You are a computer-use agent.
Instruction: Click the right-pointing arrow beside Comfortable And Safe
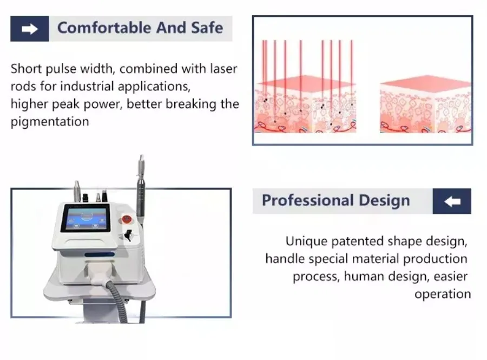click(30, 28)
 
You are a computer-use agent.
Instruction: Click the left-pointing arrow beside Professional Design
click(452, 201)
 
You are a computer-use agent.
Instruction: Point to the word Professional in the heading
click(304, 201)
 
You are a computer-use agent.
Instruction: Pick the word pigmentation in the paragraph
click(50, 121)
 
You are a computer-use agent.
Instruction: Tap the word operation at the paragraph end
click(443, 294)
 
